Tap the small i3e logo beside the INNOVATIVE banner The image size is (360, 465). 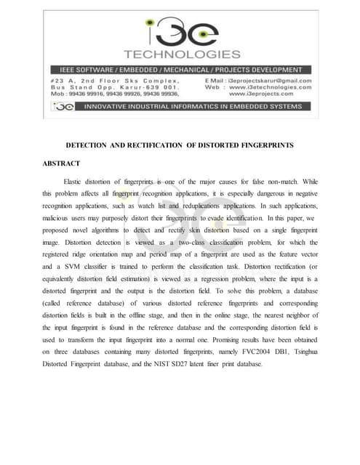point(64,106)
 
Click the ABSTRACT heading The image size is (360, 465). point(61,163)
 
